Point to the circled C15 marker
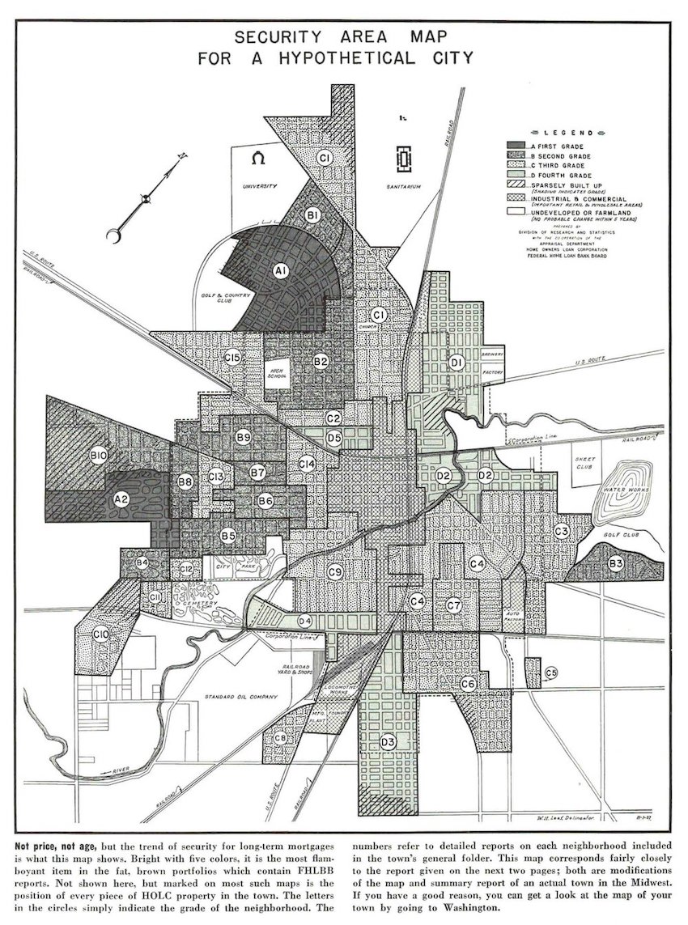coord(233,357)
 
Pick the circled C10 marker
coord(101,635)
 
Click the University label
coord(260,185)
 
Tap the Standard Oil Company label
coord(240,697)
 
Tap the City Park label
coord(226,567)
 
